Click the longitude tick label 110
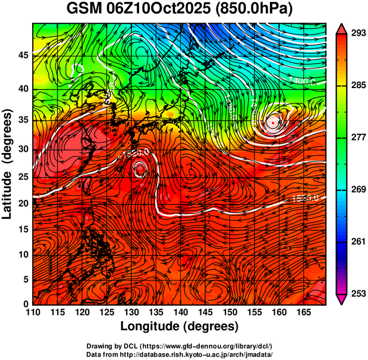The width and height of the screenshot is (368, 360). [33, 312]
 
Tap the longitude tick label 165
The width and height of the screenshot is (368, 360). [301, 312]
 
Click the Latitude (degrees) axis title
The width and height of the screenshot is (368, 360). [8, 164]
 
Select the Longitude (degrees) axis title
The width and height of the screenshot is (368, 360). [180, 327]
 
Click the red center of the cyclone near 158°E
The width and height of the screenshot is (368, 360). [272, 123]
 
